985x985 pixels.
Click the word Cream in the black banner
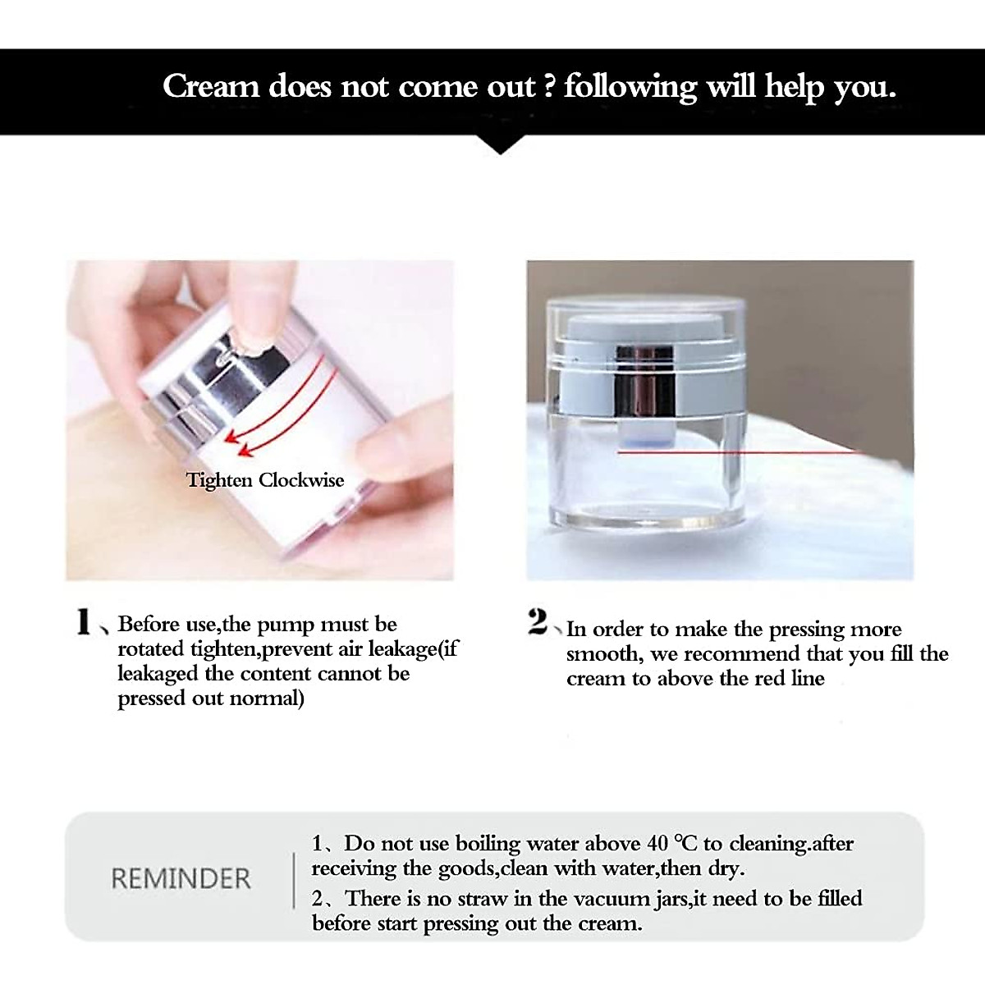coord(211,86)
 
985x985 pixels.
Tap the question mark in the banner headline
coord(550,86)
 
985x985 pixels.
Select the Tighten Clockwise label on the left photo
coord(264,480)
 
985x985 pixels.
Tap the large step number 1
coord(83,622)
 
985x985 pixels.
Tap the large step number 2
coord(538,622)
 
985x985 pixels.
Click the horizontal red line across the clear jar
coord(739,451)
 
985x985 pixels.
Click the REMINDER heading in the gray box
coord(181,878)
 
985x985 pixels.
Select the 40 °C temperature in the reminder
coord(672,844)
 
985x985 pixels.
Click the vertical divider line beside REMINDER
coord(294,879)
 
